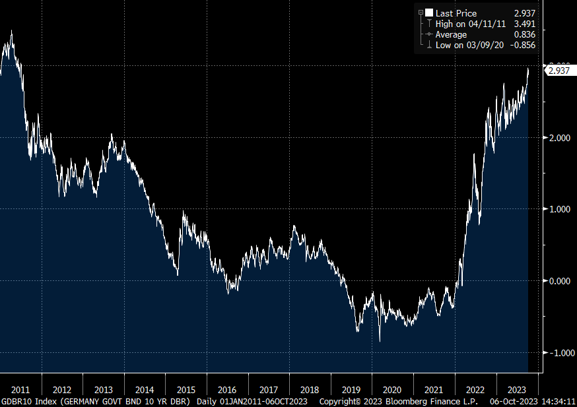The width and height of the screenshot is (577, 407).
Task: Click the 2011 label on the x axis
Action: pos(20,389)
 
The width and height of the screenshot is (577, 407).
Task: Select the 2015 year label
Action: pos(186,389)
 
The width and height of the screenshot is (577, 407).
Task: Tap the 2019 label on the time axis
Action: pos(351,389)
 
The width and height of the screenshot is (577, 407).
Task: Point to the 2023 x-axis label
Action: pos(517,389)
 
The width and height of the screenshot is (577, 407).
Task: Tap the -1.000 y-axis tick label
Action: pos(556,353)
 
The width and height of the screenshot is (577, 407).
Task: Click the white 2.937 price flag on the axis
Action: pos(559,71)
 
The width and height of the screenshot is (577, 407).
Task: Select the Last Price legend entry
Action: pos(456,13)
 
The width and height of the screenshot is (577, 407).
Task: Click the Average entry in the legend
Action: pos(451,34)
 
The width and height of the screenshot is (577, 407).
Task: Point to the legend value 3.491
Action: pos(524,24)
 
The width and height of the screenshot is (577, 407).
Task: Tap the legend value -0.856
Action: pos(522,45)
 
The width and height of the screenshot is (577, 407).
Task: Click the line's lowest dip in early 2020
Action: pos(380,341)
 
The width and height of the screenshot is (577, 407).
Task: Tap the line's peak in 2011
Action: pos(11,30)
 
